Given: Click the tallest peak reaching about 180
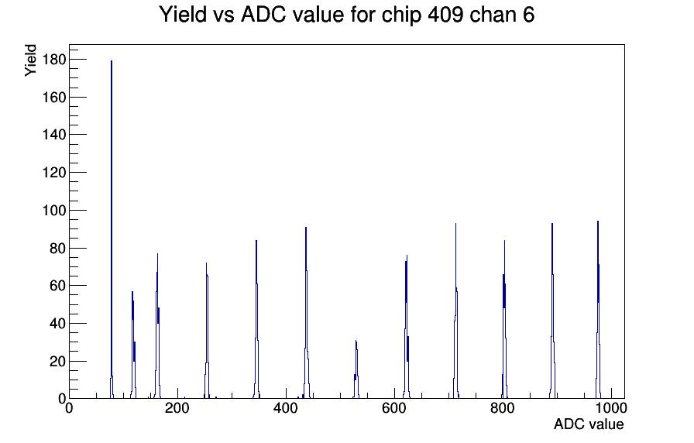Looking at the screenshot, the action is point(112,230).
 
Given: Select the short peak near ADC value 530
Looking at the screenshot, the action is point(356,369).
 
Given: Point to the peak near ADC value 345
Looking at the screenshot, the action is point(256,320).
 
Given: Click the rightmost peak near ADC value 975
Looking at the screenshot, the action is point(598,310).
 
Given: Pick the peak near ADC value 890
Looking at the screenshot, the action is point(552,311).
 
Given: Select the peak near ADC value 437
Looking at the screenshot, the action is point(306,313).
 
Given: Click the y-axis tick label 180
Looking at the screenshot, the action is point(54,60).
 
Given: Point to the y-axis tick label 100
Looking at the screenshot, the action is point(54,210).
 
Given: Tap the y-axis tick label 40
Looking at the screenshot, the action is point(57,324).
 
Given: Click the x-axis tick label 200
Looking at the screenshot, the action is point(177,408).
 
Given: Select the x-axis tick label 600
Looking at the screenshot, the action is point(394,408).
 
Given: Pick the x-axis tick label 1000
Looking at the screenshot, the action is point(611,408).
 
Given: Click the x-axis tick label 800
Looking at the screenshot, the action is point(503,408).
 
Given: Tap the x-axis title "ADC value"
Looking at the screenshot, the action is point(589,424).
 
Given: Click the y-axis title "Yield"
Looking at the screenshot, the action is point(30,60).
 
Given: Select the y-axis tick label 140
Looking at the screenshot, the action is point(54,135).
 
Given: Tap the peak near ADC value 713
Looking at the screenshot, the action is point(456,311).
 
